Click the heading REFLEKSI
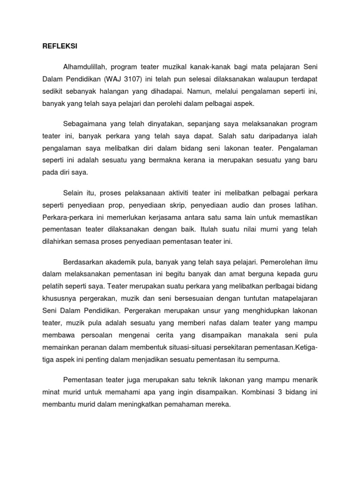(54, 47)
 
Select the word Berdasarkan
(82, 262)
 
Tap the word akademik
(123, 262)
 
